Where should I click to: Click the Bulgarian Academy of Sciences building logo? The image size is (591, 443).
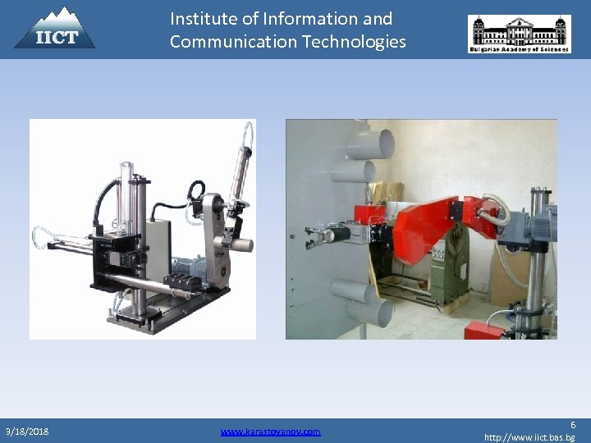[519, 34]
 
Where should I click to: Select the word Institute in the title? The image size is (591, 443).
[202, 18]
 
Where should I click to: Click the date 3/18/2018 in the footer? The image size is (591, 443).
[27, 431]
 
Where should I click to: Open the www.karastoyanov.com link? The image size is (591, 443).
[270, 431]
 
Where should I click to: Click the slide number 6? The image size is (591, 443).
[572, 424]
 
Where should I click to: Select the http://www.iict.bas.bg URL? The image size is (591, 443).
[529, 437]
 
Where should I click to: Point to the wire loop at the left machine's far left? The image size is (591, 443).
[46, 237]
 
